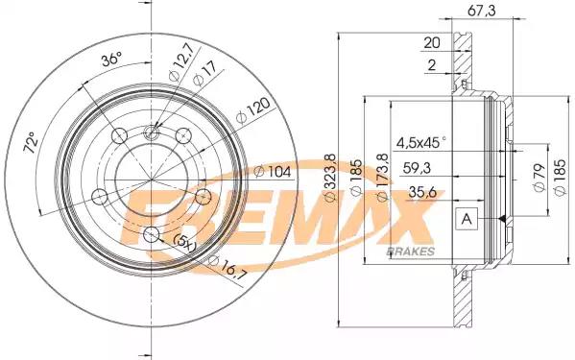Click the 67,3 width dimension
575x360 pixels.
(482, 11)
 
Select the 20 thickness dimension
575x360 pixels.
(432, 43)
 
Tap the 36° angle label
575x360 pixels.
(111, 59)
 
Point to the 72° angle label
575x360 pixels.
(31, 143)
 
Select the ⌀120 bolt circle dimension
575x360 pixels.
(253, 110)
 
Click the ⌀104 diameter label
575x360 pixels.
(273, 172)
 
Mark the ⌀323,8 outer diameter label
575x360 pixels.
(330, 178)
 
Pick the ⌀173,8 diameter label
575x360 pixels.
(382, 178)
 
